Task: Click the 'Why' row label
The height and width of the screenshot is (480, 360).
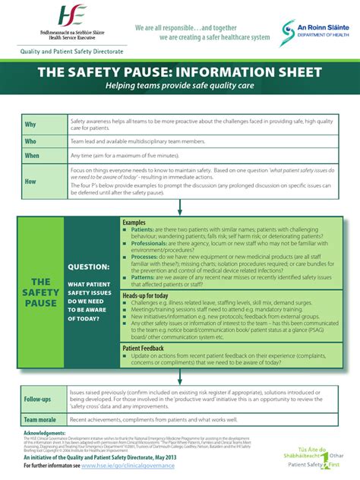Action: [x=31, y=125]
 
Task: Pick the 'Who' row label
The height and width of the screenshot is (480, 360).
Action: [x=31, y=141]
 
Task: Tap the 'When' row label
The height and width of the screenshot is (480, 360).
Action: [x=33, y=156]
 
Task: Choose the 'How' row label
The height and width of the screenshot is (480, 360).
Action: [x=31, y=182]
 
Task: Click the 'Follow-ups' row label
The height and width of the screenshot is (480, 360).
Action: [x=37, y=399]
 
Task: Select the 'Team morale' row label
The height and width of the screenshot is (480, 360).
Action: [x=41, y=418]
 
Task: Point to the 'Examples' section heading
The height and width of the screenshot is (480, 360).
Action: [x=134, y=222]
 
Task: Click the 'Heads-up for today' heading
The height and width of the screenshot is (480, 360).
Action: [x=145, y=295]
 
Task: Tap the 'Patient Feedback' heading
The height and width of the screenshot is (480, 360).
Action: [x=144, y=348]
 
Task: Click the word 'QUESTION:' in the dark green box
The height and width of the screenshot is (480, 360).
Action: [x=88, y=267]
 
